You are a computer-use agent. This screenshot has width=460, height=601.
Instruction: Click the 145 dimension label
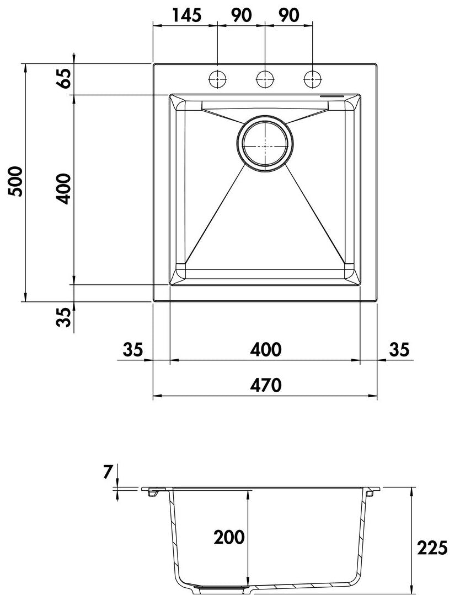tap(186, 15)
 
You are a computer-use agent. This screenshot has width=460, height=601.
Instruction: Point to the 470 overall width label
tap(266, 385)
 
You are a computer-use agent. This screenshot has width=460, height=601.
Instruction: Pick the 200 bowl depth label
tap(229, 537)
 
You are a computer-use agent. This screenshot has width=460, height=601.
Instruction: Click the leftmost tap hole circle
tap(218, 80)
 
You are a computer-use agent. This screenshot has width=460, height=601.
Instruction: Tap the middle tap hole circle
tap(265, 80)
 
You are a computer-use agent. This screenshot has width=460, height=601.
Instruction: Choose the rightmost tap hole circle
tap(312, 80)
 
